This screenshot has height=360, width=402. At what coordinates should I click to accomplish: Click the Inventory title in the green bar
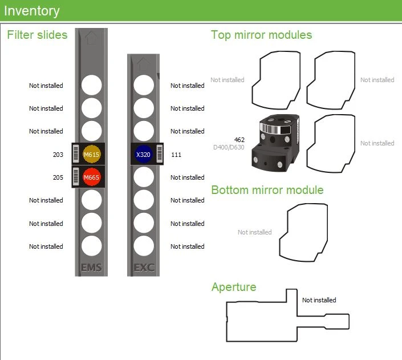(31, 10)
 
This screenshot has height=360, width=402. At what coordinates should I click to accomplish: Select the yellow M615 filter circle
(91, 155)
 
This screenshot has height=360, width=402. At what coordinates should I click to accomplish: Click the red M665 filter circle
(91, 177)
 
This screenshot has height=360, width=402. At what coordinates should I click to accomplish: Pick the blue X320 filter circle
(143, 155)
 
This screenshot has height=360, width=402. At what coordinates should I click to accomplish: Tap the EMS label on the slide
(91, 268)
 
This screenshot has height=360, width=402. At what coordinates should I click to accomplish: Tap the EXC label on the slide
(143, 268)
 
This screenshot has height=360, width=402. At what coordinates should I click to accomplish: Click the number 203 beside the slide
(58, 155)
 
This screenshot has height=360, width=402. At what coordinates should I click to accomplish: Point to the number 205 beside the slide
(58, 177)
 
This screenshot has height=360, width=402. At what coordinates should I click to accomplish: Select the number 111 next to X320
(176, 155)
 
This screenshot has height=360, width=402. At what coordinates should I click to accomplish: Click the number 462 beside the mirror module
(239, 139)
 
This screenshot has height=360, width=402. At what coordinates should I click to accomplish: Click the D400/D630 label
(229, 147)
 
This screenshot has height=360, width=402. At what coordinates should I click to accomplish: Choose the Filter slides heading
(37, 35)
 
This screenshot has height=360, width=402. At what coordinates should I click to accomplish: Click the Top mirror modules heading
(261, 35)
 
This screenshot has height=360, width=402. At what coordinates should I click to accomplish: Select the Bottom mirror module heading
(267, 190)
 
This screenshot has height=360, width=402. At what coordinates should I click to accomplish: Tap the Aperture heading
(234, 286)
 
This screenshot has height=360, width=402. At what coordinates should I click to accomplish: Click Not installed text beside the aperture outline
(319, 300)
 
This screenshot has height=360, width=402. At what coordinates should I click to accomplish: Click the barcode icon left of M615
(76, 155)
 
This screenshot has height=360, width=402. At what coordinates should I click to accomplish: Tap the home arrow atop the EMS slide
(91, 38)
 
